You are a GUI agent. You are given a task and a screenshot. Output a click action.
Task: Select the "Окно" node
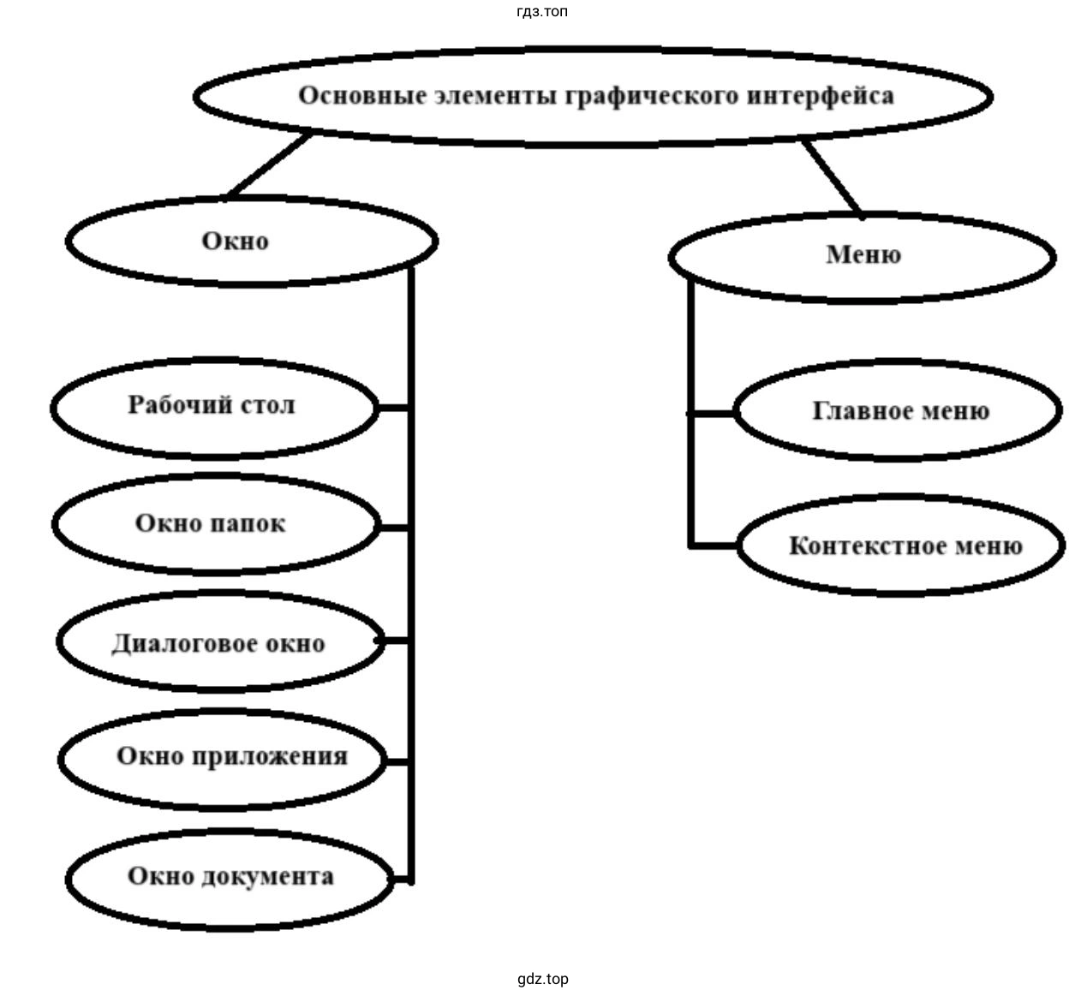pyautogui.click(x=236, y=242)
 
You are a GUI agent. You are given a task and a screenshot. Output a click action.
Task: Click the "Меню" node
pyautogui.click(x=863, y=255)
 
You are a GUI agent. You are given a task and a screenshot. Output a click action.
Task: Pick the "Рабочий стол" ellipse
pyautogui.click(x=212, y=405)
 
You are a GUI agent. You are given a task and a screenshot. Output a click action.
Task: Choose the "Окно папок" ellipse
pyautogui.click(x=211, y=523)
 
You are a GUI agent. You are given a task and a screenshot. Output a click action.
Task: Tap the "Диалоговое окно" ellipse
pyautogui.click(x=218, y=643)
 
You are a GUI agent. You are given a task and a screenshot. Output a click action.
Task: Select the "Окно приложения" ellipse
pyautogui.click(x=232, y=757)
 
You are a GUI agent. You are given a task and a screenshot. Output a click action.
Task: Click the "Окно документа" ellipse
pyautogui.click(x=230, y=877)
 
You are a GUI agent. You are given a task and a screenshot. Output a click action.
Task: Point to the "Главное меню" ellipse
pyautogui.click(x=900, y=412)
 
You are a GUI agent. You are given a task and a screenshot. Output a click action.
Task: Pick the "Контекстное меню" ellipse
pyautogui.click(x=905, y=546)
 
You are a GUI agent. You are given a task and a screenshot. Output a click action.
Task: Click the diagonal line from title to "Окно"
pyautogui.click(x=267, y=165)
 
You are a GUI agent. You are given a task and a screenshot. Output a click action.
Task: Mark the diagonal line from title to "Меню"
pyautogui.click(x=832, y=176)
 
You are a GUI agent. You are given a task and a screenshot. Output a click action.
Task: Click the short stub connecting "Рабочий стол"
pyautogui.click(x=394, y=408)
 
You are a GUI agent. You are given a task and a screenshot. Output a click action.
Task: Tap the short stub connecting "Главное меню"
pyautogui.click(x=713, y=413)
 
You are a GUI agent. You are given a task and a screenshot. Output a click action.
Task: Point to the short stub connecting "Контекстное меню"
pyautogui.click(x=714, y=544)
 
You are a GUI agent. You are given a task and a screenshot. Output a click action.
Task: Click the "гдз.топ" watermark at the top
pyautogui.click(x=542, y=11)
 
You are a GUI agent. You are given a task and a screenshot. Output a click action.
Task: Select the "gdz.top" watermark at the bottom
pyautogui.click(x=542, y=979)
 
